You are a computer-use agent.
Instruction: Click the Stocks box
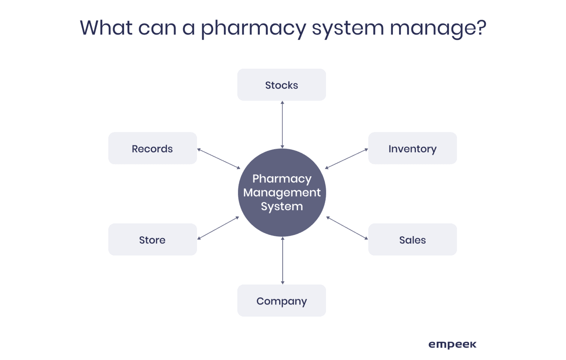click(x=281, y=85)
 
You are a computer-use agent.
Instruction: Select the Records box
click(x=152, y=148)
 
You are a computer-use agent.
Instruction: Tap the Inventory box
click(x=412, y=148)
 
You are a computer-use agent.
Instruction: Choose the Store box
click(x=152, y=240)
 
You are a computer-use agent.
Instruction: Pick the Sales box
click(x=412, y=240)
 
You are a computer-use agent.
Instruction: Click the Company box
click(x=281, y=301)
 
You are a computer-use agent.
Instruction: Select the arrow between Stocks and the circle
click(x=282, y=125)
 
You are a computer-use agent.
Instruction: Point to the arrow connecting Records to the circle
click(x=219, y=158)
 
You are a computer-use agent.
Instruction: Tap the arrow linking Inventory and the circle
click(x=346, y=158)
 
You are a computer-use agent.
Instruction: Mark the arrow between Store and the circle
click(x=218, y=228)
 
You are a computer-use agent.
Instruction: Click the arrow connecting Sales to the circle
click(x=347, y=228)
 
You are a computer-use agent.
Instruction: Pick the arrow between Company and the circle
click(x=283, y=260)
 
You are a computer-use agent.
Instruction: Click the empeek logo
click(x=452, y=345)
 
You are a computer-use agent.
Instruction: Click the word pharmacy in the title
click(x=253, y=28)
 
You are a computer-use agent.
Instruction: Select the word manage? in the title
click(x=438, y=28)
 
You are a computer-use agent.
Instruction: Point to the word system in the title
click(x=348, y=28)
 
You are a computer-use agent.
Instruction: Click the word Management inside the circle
click(x=282, y=193)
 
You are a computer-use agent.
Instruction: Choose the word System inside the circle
click(x=282, y=207)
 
